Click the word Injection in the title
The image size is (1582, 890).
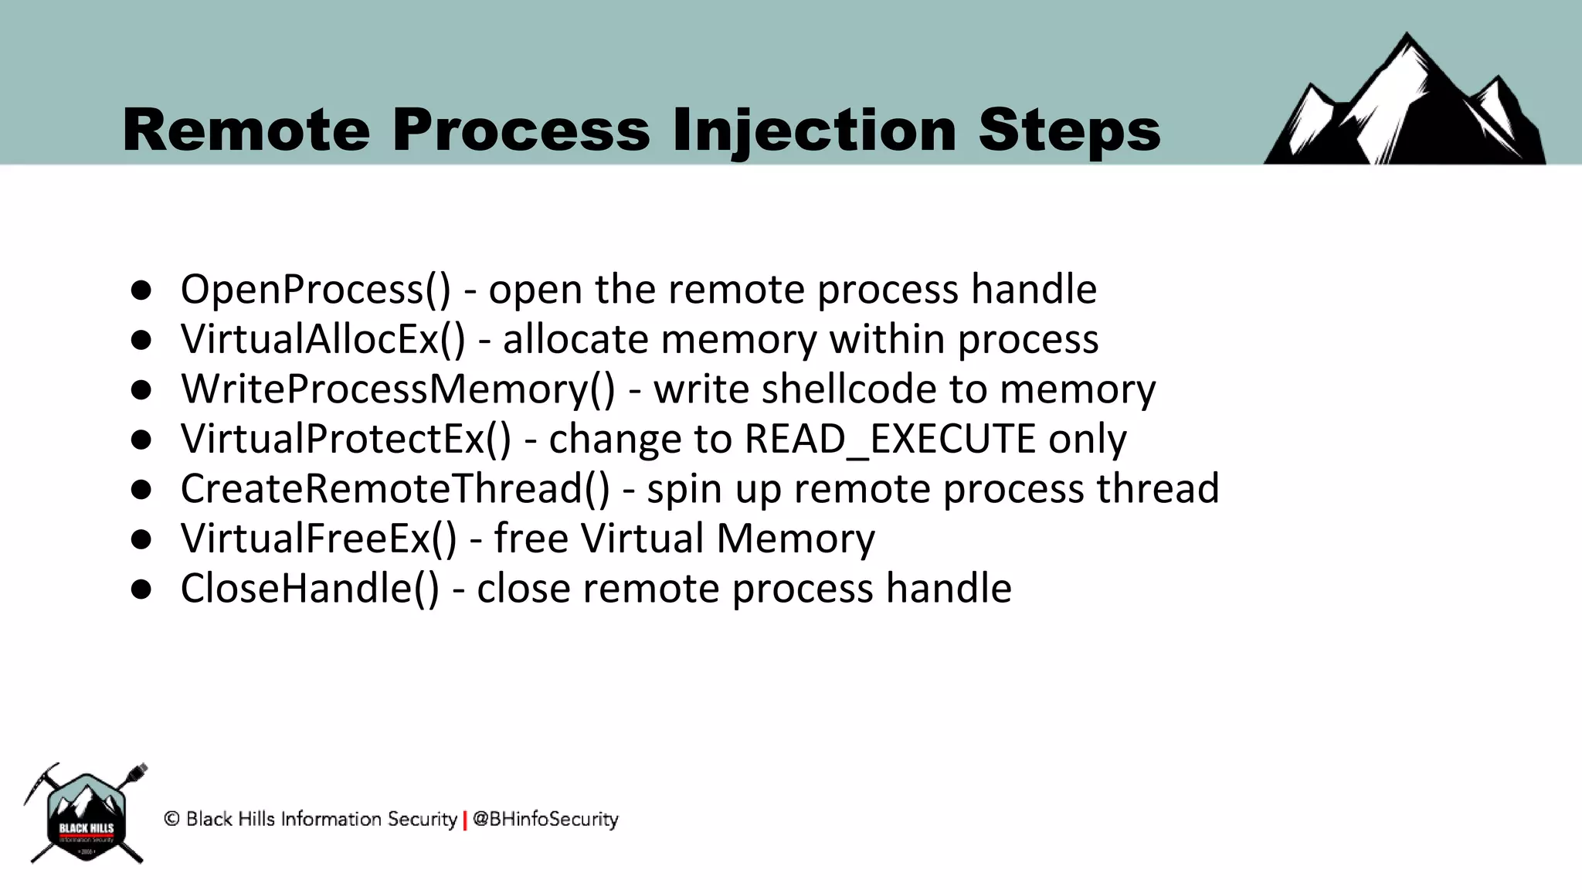pyautogui.click(x=814, y=130)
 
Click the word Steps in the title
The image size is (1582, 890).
pyautogui.click(x=1069, y=130)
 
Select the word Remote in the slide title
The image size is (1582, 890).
pyautogui.click(x=246, y=130)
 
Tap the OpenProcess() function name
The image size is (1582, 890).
pyautogui.click(x=315, y=290)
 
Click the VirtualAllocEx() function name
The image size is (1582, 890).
pyautogui.click(x=323, y=339)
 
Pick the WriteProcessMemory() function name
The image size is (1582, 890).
pyautogui.click(x=398, y=389)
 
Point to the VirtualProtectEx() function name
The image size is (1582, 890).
pyautogui.click(x=346, y=439)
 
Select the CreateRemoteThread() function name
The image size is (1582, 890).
pyautogui.click(x=395, y=488)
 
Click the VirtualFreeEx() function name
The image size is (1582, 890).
pyautogui.click(x=318, y=538)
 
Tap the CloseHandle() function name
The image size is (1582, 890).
pyautogui.click(x=310, y=588)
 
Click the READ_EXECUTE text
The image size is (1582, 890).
pyautogui.click(x=890, y=440)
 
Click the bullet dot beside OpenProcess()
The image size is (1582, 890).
pyautogui.click(x=141, y=290)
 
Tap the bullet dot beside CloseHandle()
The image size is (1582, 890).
pyautogui.click(x=141, y=589)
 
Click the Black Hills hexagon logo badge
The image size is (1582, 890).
pyautogui.click(x=87, y=816)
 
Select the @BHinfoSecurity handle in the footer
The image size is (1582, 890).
pyautogui.click(x=545, y=819)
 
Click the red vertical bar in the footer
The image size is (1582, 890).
pyautogui.click(x=465, y=820)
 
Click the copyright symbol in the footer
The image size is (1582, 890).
pyautogui.click(x=171, y=819)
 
